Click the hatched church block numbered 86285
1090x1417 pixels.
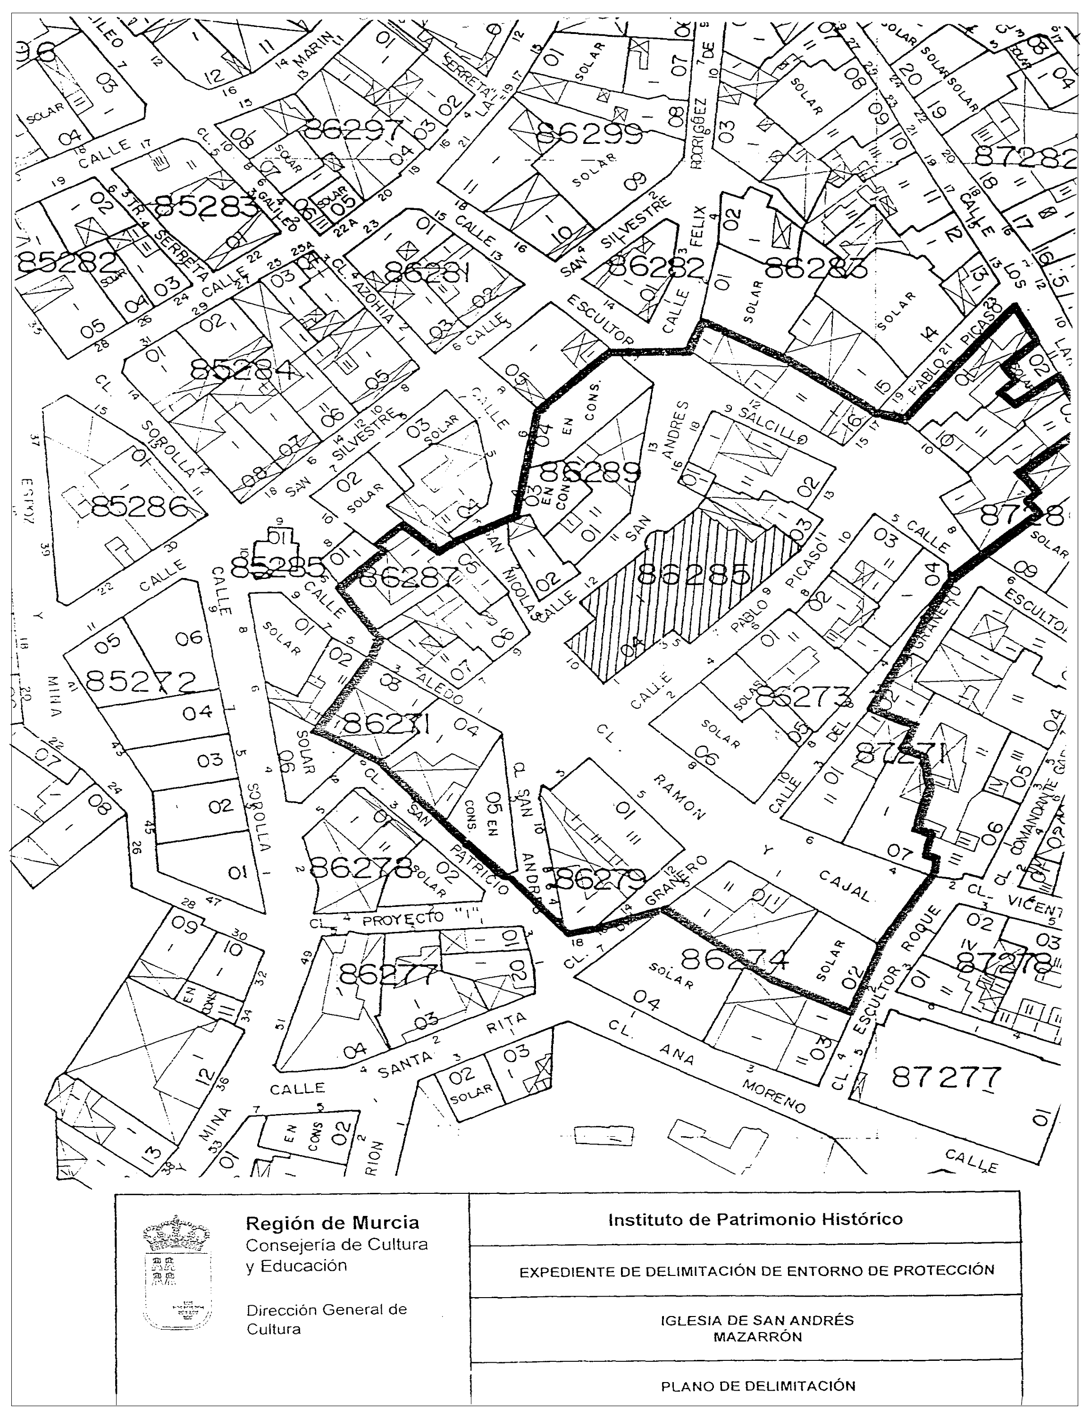[x=688, y=578]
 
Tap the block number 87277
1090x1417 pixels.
[x=946, y=1078]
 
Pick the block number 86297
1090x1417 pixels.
[x=353, y=130]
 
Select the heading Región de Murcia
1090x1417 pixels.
[x=332, y=1224]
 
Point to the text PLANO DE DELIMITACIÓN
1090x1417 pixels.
[x=758, y=1386]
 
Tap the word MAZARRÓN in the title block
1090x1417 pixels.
[x=758, y=1336]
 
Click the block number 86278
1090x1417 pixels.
[x=361, y=867]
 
